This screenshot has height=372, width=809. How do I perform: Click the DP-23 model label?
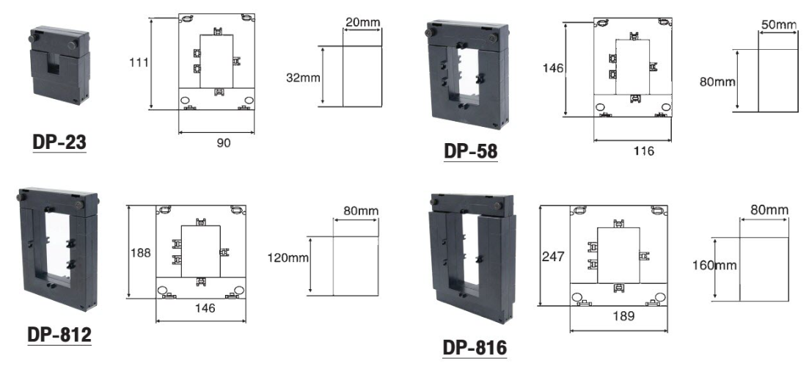[x=59, y=142]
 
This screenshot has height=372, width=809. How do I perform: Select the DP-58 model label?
[x=471, y=151]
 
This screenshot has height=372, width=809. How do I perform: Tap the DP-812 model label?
[x=59, y=335]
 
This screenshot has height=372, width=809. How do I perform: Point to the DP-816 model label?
[x=475, y=348]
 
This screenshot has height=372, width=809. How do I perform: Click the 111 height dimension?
[x=139, y=62]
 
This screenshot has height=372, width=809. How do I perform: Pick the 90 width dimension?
[x=224, y=143]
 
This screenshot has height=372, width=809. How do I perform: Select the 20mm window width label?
[x=363, y=22]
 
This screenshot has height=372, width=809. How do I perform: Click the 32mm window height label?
[x=304, y=78]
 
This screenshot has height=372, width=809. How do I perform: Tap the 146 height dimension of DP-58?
[x=553, y=68]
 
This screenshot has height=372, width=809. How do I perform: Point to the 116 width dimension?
[x=643, y=150]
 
